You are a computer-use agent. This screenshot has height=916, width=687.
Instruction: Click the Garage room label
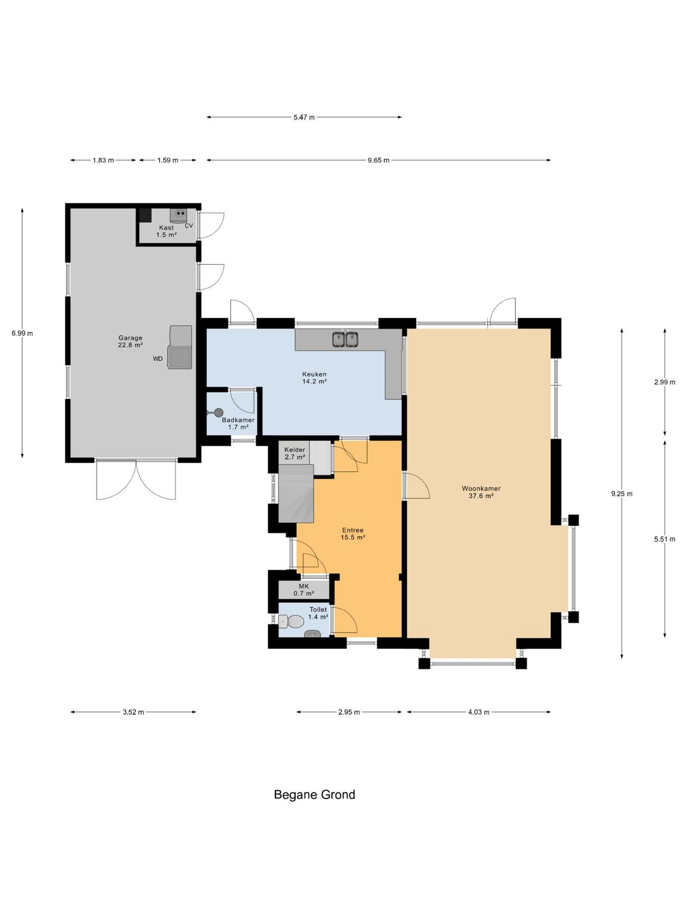(130, 342)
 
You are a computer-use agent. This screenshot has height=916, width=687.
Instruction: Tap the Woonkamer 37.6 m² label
(481, 492)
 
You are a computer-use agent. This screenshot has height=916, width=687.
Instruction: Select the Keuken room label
(314, 378)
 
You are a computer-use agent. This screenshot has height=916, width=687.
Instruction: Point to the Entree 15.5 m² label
(352, 534)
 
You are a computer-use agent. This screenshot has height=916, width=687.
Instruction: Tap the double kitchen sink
(345, 339)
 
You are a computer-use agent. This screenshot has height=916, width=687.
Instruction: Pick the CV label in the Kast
(189, 226)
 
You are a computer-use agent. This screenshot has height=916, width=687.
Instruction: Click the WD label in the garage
(158, 359)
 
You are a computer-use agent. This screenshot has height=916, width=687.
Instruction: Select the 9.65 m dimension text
(378, 160)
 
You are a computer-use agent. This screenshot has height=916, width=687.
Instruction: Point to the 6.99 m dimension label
(22, 333)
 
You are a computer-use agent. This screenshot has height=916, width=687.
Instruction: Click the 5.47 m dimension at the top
(303, 117)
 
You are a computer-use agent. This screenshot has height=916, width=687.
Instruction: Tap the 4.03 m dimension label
(478, 712)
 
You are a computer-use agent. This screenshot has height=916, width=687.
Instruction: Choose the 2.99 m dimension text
(665, 382)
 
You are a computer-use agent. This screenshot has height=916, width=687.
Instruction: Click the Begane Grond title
(314, 795)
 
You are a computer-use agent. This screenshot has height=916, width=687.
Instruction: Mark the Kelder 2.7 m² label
(295, 453)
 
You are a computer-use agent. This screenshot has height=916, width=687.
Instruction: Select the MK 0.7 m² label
(303, 590)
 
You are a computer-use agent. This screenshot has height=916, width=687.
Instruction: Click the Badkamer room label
(238, 424)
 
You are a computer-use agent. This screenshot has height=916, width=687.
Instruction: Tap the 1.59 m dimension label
(168, 160)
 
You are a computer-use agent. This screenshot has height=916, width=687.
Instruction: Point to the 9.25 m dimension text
(621, 494)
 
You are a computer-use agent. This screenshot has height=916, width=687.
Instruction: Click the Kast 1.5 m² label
(167, 231)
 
